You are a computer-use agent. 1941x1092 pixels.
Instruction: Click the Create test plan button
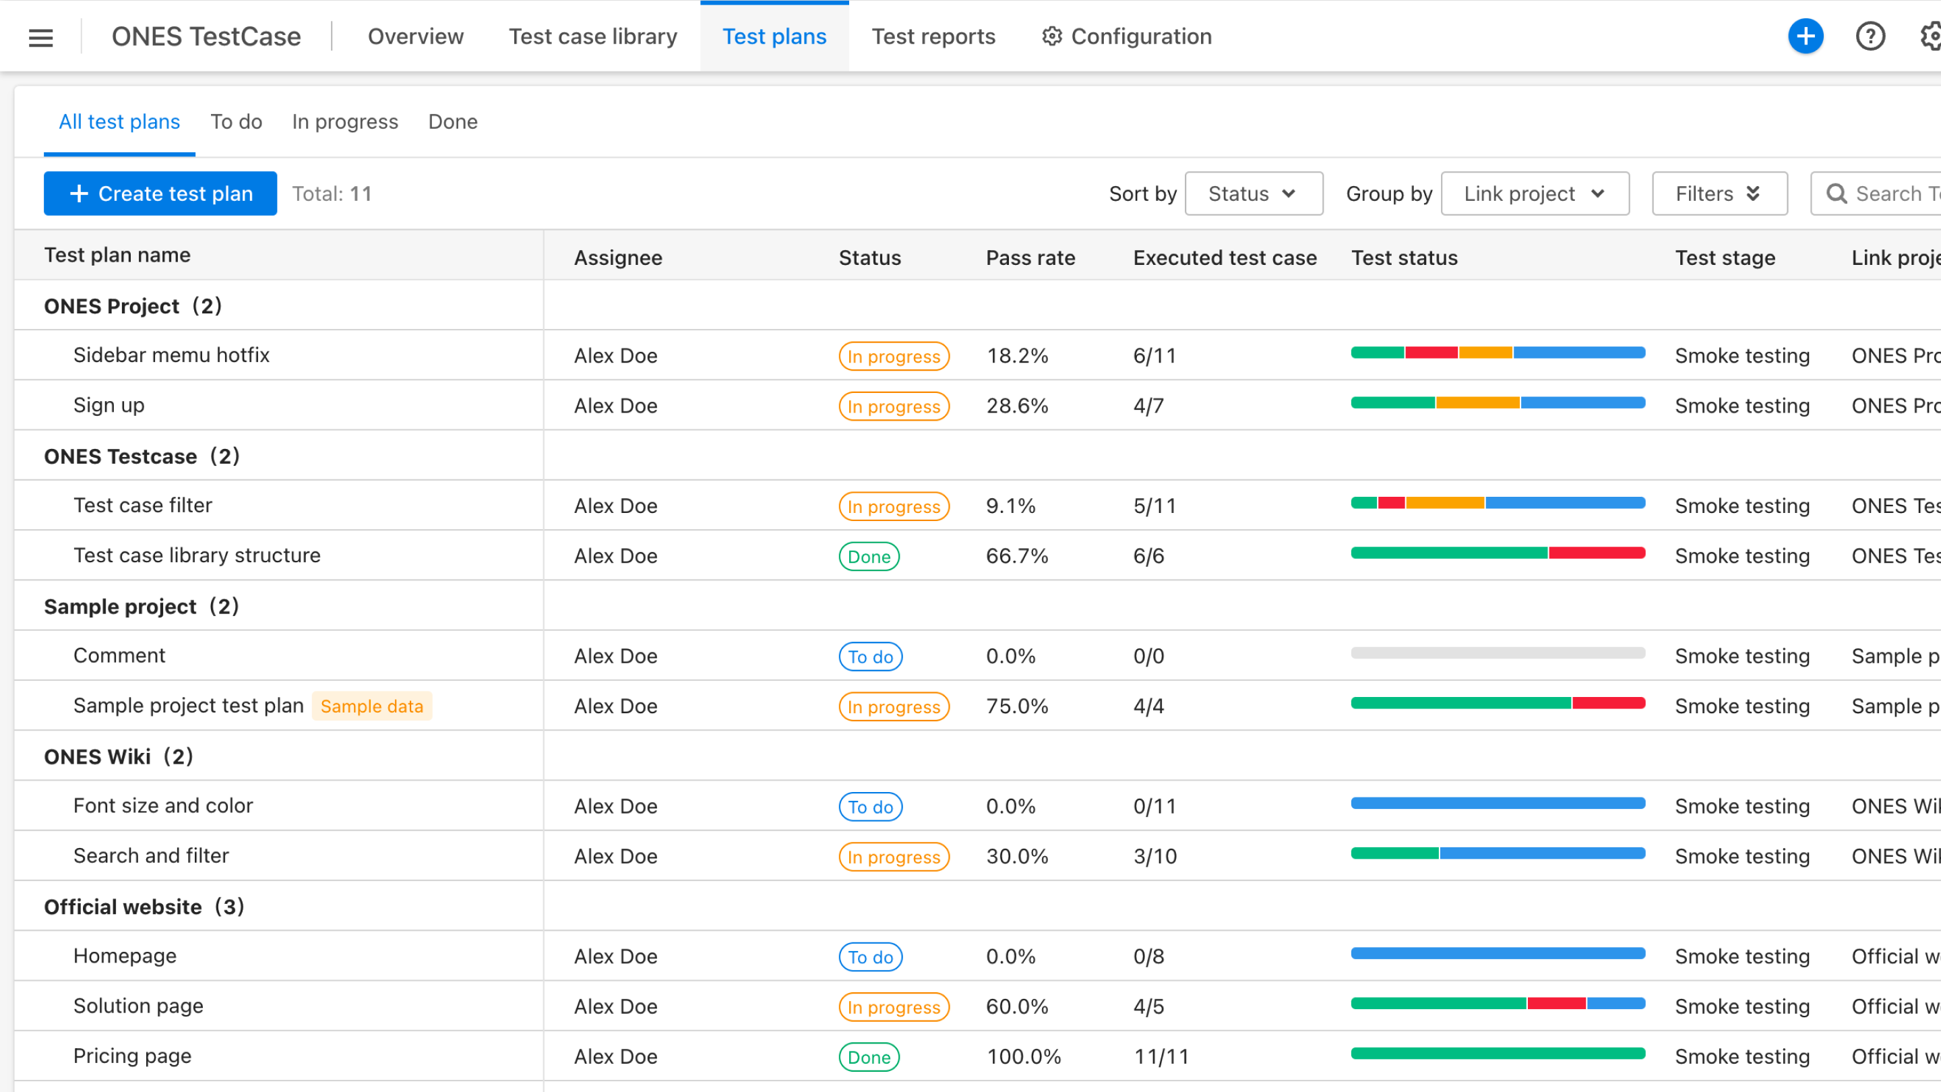click(160, 193)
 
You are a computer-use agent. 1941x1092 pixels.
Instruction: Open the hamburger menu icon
click(40, 37)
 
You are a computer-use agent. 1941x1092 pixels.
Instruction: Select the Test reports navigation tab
click(933, 36)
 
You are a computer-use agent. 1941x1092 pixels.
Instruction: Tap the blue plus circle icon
click(1806, 36)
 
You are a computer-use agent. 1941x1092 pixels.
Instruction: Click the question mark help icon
click(1870, 36)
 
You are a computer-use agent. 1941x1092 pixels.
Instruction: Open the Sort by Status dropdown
click(1253, 193)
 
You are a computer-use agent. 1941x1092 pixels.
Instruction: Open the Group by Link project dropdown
click(1534, 193)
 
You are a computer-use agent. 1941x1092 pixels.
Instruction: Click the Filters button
click(1719, 193)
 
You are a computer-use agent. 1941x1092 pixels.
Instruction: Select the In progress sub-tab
click(345, 121)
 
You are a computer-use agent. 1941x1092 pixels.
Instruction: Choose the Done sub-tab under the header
click(453, 121)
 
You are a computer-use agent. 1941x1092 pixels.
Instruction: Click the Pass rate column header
click(1030, 257)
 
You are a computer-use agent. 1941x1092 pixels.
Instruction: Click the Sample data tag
click(371, 706)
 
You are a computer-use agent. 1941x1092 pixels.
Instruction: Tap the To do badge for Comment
click(870, 657)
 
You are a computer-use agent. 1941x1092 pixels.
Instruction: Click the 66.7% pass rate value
click(1016, 556)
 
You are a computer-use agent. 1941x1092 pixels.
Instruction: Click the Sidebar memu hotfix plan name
click(171, 355)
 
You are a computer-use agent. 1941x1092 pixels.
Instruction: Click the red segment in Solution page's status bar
click(1556, 1004)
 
